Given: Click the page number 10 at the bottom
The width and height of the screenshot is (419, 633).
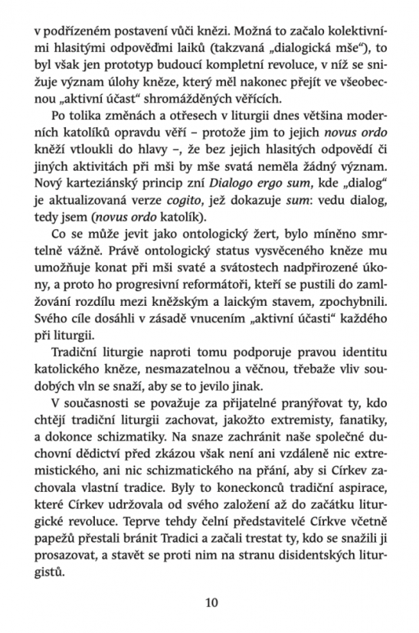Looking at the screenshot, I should [211, 603].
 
